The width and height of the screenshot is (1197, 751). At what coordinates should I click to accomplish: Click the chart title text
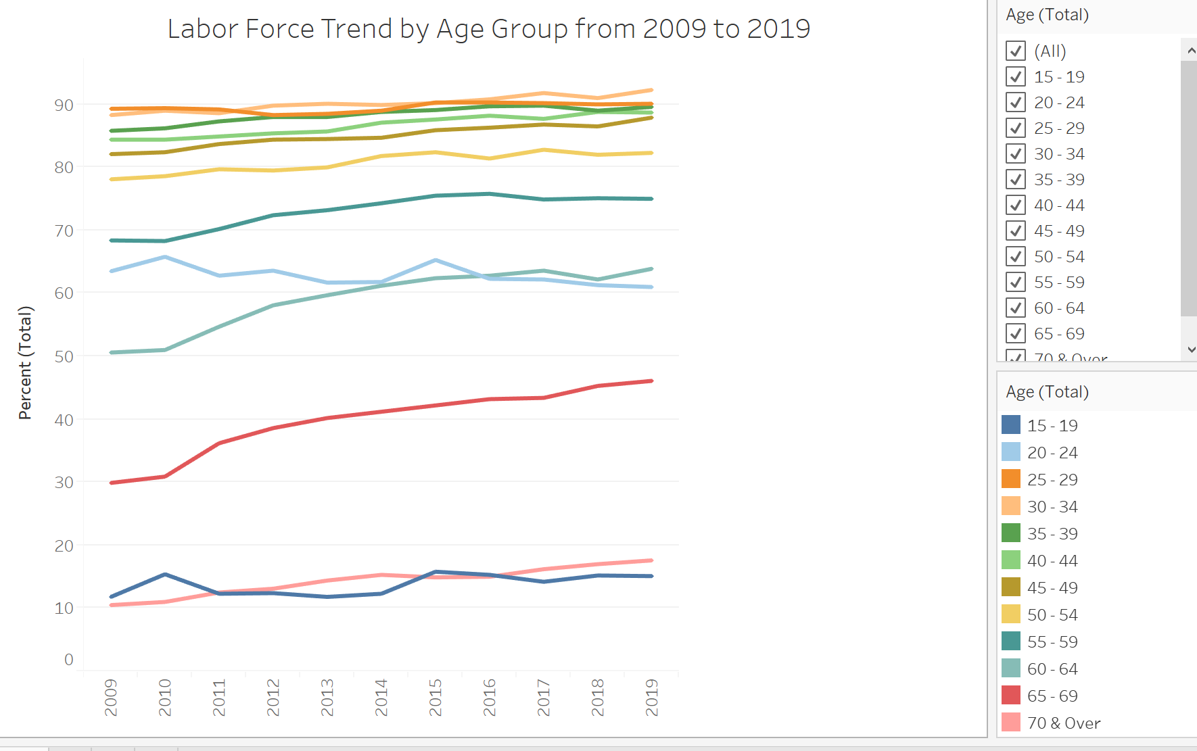(x=488, y=29)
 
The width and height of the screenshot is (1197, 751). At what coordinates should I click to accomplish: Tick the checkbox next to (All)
(x=1015, y=51)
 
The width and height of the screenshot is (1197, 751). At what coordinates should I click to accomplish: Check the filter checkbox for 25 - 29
(x=1015, y=128)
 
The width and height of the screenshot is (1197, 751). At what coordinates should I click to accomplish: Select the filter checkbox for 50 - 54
(x=1015, y=256)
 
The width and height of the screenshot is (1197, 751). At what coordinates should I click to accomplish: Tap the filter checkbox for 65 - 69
(x=1015, y=333)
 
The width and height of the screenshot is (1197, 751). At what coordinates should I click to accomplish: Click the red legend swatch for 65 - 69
(x=1010, y=695)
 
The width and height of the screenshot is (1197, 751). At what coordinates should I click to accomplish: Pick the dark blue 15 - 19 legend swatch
(x=1010, y=425)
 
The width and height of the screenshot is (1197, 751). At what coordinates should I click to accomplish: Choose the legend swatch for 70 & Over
(x=1010, y=722)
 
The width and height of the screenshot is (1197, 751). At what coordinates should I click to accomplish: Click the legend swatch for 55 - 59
(x=1010, y=641)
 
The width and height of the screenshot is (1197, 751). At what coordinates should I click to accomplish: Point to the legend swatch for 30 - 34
(x=1010, y=506)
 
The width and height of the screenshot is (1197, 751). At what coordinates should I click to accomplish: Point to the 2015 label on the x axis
(x=436, y=697)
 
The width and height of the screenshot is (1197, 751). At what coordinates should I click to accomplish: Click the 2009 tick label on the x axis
(x=111, y=697)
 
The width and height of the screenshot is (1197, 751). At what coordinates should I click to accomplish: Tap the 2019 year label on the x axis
(x=652, y=697)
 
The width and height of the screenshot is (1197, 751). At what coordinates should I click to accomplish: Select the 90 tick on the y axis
(x=64, y=105)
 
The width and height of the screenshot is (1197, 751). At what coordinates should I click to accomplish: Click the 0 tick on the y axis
(x=69, y=659)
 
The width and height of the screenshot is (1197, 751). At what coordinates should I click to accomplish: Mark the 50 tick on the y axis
(x=64, y=356)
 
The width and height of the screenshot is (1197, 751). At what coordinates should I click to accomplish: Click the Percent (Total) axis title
(x=25, y=363)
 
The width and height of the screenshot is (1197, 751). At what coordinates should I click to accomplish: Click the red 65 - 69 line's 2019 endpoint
(x=651, y=381)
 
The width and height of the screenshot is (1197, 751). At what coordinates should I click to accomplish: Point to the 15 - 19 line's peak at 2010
(x=165, y=575)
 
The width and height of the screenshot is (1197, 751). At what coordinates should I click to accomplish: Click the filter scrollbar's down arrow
(x=1190, y=349)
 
